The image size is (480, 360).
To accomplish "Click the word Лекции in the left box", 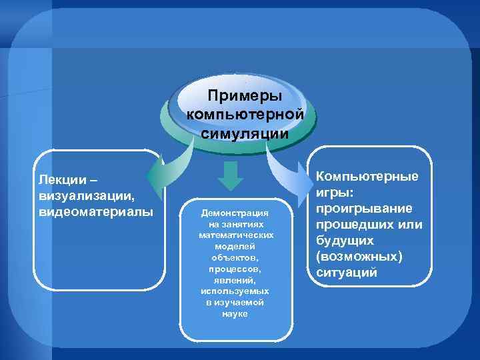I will [x=59, y=180].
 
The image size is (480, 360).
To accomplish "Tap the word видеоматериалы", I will [x=96, y=212].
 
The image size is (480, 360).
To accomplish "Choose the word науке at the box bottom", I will [x=235, y=313].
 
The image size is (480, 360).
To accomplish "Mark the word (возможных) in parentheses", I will [x=359, y=257].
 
